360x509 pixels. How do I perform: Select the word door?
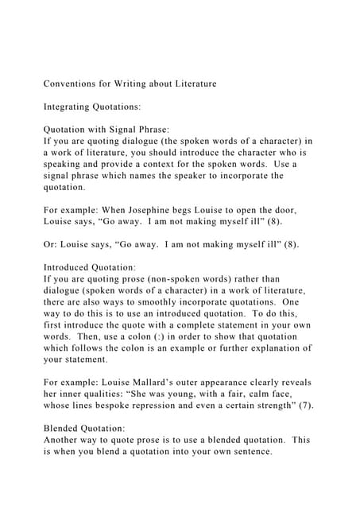tap(285, 210)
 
